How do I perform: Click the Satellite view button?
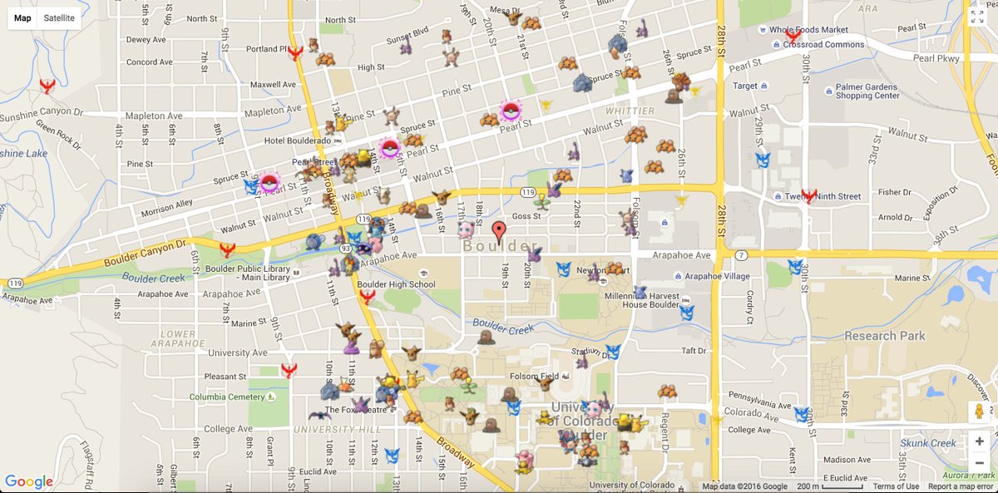click(59, 17)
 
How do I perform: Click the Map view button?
click(22, 17)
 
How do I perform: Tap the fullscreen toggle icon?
click(976, 17)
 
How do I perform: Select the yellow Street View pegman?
click(979, 412)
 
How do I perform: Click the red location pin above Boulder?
click(499, 232)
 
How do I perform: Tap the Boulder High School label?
click(396, 284)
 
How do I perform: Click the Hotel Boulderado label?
click(298, 141)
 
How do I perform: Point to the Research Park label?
click(884, 336)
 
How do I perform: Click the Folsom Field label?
click(536, 377)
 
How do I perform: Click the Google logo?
click(29, 481)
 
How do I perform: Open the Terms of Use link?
click(896, 486)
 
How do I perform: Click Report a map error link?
click(960, 486)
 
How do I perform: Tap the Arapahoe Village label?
click(717, 277)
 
